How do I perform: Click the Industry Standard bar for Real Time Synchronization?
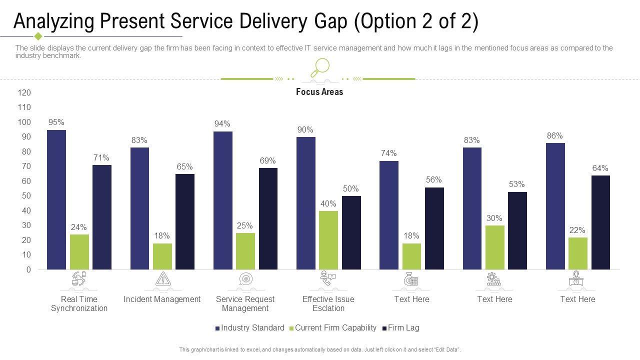pyautogui.click(x=56, y=200)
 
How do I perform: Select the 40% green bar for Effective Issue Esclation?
pyautogui.click(x=328, y=240)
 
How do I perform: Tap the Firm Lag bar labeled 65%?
pyautogui.click(x=185, y=221)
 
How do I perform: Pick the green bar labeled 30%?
pyautogui.click(x=494, y=247)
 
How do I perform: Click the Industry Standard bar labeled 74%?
pyautogui.click(x=389, y=215)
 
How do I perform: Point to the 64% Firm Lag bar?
pyautogui.click(x=600, y=222)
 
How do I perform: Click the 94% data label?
pyautogui.click(x=222, y=124)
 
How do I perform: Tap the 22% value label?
pyautogui.click(x=577, y=230)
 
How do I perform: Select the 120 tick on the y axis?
pyautogui.click(x=25, y=93)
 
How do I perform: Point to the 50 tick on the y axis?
pyautogui.click(x=26, y=196)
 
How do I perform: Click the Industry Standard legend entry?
pyautogui.click(x=249, y=328)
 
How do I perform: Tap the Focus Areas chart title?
pyautogui.click(x=319, y=92)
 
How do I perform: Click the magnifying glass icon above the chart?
pyautogui.click(x=320, y=67)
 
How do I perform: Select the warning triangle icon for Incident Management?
pyautogui.click(x=163, y=279)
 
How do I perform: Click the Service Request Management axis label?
pyautogui.click(x=245, y=303)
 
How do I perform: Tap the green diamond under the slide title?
pyautogui.click(x=38, y=36)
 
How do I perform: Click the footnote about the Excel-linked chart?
pyautogui.click(x=320, y=350)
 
